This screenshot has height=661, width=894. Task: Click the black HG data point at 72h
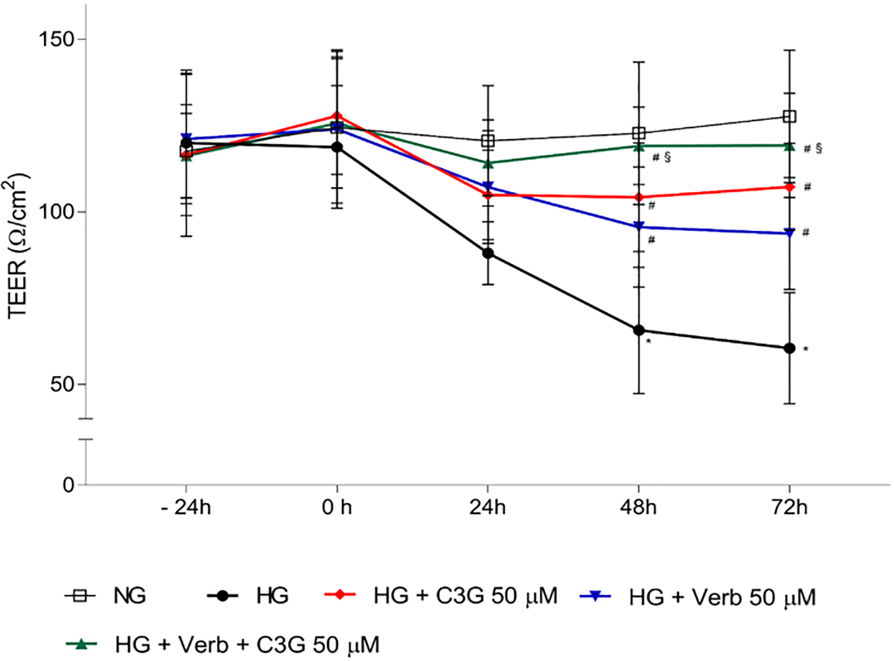[x=789, y=348]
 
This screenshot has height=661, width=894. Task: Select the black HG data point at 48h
[x=639, y=330]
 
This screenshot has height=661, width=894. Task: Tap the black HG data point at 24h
[x=488, y=253]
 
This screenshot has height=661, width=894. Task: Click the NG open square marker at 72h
[x=789, y=116]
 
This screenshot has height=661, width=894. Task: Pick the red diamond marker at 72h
[x=789, y=187]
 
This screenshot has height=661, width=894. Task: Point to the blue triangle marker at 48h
[x=639, y=227]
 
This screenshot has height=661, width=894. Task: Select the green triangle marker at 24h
[x=488, y=163]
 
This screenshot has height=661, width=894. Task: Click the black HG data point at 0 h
[x=337, y=147]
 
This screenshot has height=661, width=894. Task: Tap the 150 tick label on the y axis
[x=56, y=39]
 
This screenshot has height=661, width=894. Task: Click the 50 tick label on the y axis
[x=62, y=385]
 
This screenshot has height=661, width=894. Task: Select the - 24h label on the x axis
[x=186, y=507]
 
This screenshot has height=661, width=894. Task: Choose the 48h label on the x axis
[x=638, y=507]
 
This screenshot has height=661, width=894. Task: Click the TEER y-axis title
[x=18, y=245]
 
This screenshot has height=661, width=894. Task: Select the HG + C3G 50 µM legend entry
[x=465, y=596]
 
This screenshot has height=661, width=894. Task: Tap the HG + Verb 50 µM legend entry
[x=722, y=598]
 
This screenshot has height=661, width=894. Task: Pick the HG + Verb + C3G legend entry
[x=247, y=645]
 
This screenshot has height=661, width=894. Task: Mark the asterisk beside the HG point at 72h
[x=806, y=350]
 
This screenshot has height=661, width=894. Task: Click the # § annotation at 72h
[x=813, y=149]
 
